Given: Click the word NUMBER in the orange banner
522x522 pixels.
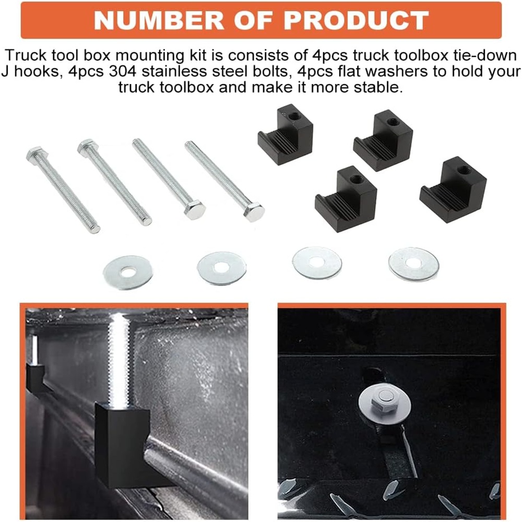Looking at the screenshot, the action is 159,20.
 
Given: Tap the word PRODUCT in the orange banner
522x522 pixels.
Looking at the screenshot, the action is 356,20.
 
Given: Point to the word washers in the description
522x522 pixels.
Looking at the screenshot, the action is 375,71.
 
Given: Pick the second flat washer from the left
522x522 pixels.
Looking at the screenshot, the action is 221,268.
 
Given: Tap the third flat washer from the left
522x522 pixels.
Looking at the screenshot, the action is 317,263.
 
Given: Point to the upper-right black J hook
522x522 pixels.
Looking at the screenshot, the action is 384,140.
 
